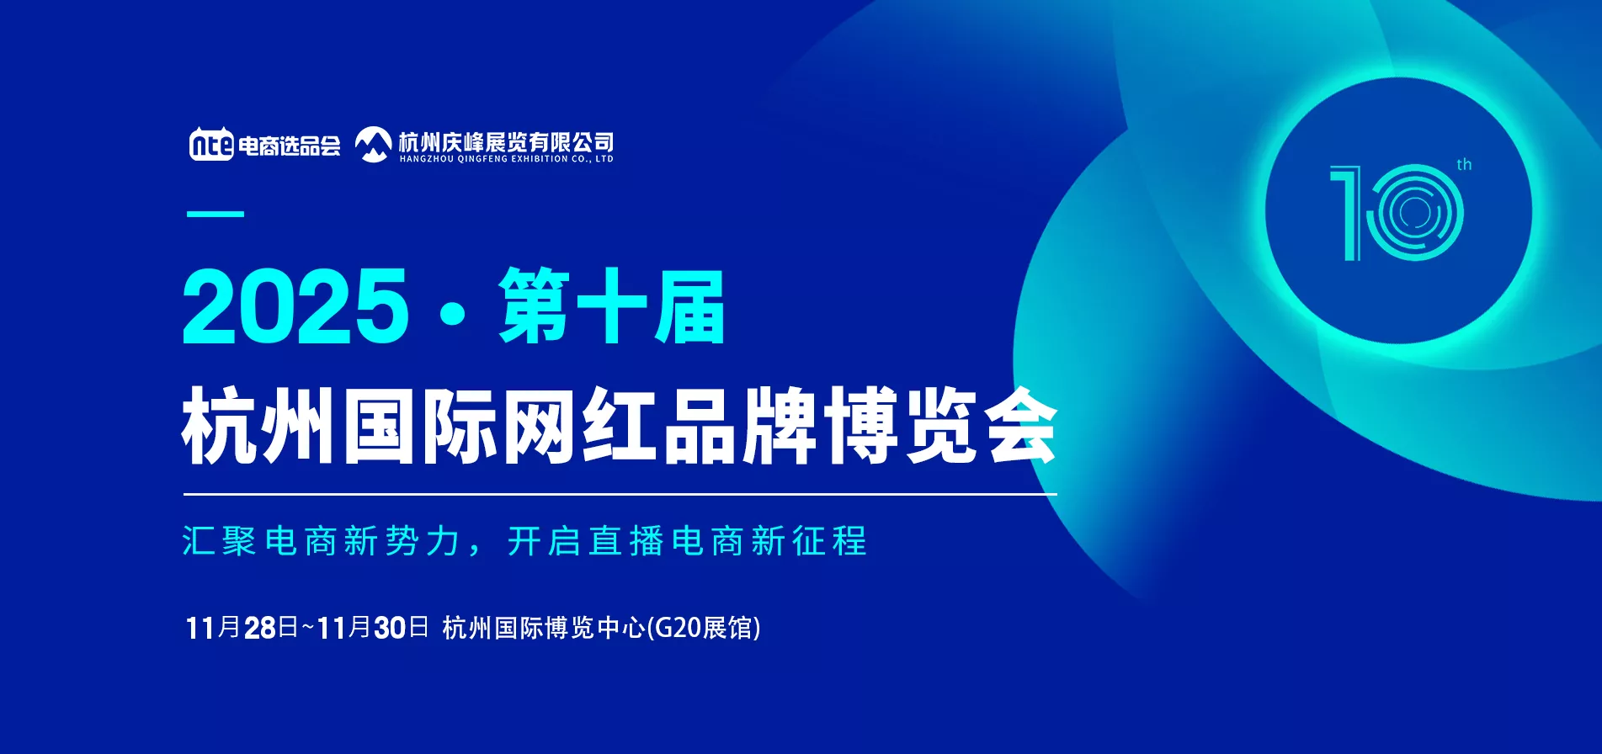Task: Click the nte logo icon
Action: tap(211, 143)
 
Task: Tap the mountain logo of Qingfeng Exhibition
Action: tap(373, 144)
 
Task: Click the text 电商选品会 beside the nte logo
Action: tap(289, 146)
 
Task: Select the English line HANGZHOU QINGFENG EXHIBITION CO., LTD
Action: tap(506, 159)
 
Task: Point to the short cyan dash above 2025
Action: tap(216, 214)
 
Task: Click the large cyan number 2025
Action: tap(295, 306)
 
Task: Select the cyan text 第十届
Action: tap(611, 306)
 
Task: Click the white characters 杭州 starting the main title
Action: tap(260, 425)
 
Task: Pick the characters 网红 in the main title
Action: tap(579, 425)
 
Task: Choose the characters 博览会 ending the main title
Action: tap(940, 425)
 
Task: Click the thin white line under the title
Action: tap(620, 495)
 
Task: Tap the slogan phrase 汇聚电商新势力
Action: tap(321, 541)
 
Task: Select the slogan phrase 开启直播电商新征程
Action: tap(687, 541)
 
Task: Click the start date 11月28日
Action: tap(242, 628)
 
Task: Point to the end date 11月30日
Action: tap(373, 628)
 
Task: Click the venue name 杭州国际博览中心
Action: tap(544, 628)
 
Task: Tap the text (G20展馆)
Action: tap(704, 628)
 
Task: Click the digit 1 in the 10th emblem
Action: tap(1347, 213)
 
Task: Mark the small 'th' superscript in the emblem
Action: tap(1464, 164)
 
